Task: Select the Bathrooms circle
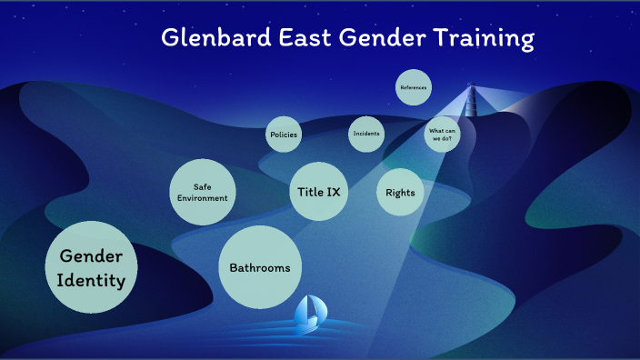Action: click(x=260, y=267)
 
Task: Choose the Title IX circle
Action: click(x=318, y=192)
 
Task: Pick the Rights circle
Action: click(x=400, y=192)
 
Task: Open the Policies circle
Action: click(x=283, y=135)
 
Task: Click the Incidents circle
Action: click(x=366, y=135)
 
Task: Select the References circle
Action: click(x=413, y=88)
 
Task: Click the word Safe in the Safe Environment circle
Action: click(x=202, y=186)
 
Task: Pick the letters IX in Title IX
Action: click(x=333, y=192)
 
